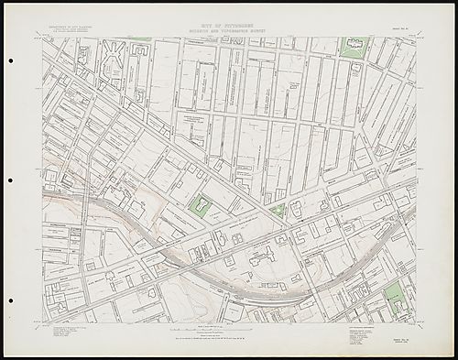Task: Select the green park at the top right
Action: coord(354,47)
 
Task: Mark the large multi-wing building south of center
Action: coord(266,254)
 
